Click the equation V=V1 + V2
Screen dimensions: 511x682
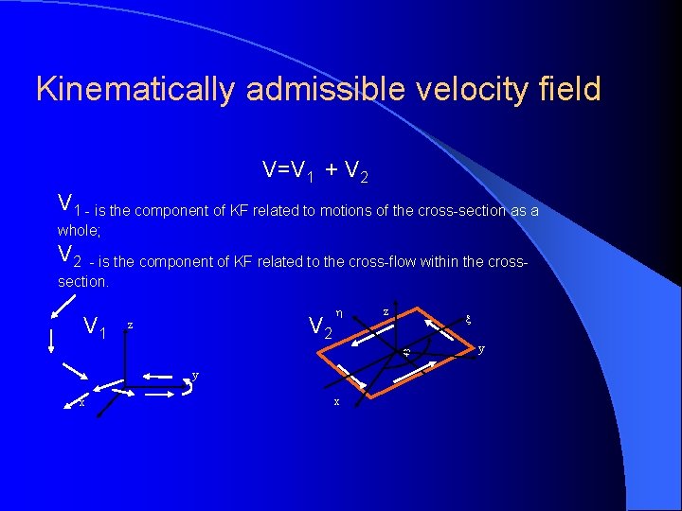(315, 171)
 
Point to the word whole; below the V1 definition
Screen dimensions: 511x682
(79, 230)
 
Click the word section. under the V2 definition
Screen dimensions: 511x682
(83, 282)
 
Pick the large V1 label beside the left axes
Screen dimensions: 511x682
(94, 327)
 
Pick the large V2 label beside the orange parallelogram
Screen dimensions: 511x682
(321, 327)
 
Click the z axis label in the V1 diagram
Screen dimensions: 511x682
(130, 325)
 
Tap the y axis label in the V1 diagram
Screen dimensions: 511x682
(195, 375)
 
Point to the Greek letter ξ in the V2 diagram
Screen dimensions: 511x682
(465, 320)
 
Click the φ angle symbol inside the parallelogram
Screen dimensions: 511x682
(405, 354)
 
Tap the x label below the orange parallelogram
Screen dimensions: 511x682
(336, 401)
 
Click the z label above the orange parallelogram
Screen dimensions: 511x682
(386, 310)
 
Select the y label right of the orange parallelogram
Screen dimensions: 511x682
(481, 349)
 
